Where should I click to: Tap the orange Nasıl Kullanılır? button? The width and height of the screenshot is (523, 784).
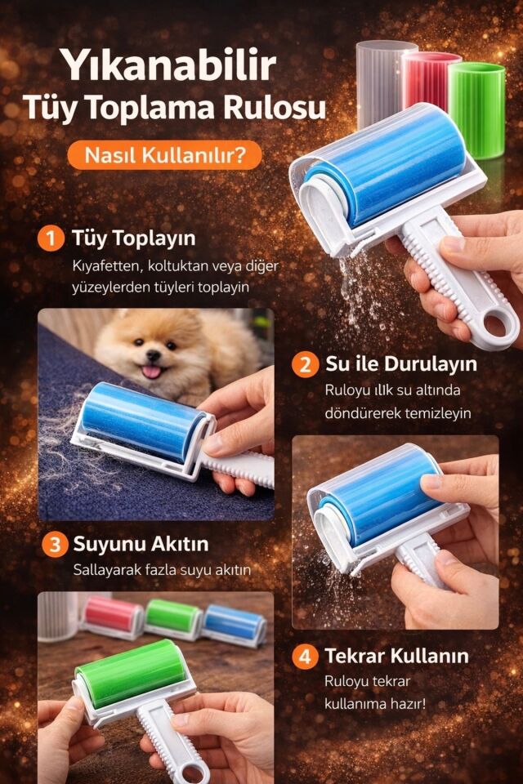click(164, 154)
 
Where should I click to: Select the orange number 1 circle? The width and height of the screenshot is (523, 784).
click(51, 238)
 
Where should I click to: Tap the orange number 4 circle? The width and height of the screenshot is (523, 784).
click(305, 657)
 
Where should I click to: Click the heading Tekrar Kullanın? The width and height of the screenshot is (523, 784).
click(396, 657)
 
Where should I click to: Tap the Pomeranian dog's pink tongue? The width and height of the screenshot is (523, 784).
click(153, 372)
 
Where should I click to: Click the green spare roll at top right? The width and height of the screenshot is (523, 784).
click(477, 109)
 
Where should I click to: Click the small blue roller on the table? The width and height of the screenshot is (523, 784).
click(235, 625)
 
